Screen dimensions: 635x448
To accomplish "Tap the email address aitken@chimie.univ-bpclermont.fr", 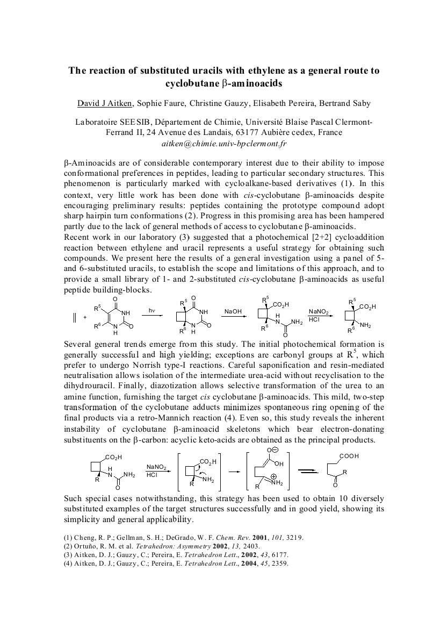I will pos(224,144).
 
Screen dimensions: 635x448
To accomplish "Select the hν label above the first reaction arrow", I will pos(152,310).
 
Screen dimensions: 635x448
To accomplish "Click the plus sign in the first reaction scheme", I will pos(85,318).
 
